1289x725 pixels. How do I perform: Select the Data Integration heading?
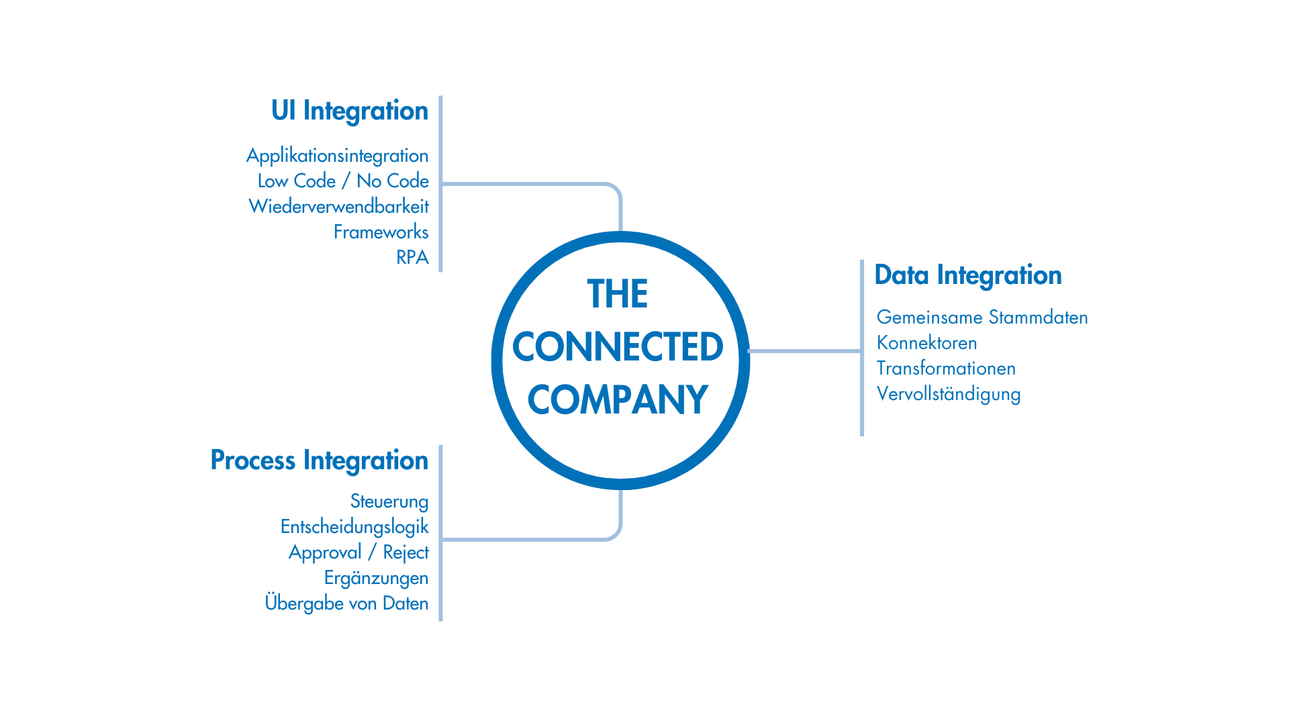968,276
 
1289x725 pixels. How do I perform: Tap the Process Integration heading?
320,461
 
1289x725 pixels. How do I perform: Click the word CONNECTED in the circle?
618,347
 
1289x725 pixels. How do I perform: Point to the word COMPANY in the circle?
618,400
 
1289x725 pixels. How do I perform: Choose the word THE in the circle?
618,294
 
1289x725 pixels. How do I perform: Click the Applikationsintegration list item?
338,156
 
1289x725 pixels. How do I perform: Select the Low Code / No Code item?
343,181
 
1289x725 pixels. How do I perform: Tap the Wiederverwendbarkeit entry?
339,206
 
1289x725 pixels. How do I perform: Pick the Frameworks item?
381,232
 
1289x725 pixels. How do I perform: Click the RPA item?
412,257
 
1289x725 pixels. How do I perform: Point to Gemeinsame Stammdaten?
982,317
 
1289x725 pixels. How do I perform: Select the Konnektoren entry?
927,342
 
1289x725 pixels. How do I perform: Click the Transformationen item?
947,368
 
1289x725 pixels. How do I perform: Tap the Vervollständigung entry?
949,394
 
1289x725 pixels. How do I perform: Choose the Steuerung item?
389,501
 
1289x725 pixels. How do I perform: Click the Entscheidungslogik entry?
354,527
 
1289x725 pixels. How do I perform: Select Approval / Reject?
359,552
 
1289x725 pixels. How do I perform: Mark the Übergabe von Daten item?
347,603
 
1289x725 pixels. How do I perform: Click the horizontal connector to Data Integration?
804,350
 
